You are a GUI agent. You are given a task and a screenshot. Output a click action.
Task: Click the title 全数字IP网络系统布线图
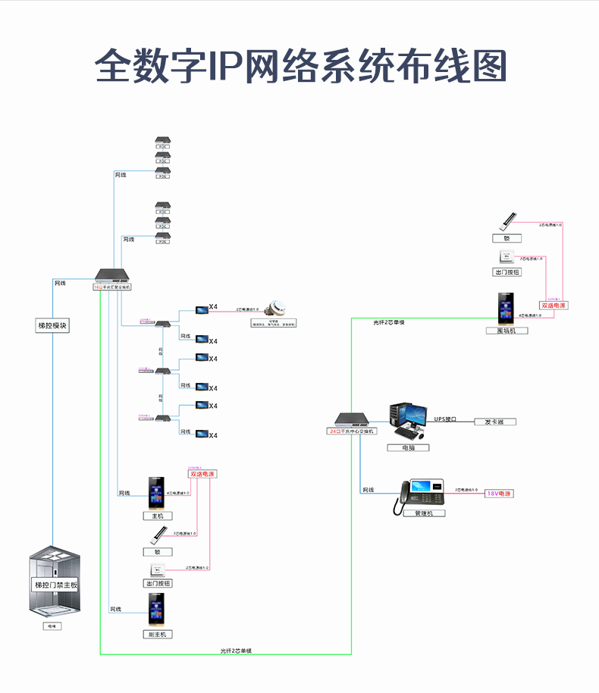pos(300,67)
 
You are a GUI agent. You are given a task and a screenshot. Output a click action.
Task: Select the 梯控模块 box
pos(53,325)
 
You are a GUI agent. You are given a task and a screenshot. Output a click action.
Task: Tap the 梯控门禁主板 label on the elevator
pos(55,585)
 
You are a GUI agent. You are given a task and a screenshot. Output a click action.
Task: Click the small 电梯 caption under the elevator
pos(52,626)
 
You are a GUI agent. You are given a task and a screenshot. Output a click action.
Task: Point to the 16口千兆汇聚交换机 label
pos(112,287)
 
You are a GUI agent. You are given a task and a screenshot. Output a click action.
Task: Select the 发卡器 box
pos(494,422)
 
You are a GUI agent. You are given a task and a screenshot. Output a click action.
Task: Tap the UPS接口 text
pos(446,419)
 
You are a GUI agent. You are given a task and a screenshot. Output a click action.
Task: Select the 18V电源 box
pos(499,494)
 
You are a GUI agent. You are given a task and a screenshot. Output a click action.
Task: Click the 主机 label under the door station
pos(157,516)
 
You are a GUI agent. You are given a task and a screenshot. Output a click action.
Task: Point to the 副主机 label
pos(157,634)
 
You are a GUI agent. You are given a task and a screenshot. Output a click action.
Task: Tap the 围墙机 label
pos(506,331)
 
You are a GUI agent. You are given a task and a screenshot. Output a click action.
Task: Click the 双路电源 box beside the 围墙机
pos(554,306)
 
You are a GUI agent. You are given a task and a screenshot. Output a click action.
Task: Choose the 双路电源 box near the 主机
pos(202,474)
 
